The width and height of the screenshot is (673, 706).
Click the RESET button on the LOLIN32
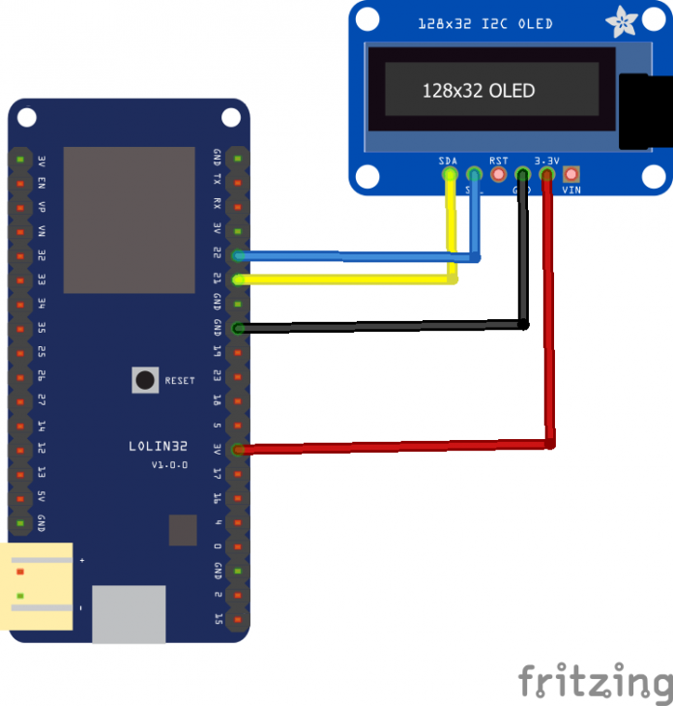145,380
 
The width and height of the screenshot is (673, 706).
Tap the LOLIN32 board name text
159,447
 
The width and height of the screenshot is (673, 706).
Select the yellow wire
348,279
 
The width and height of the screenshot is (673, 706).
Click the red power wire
406,447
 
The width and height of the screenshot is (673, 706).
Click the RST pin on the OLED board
499,175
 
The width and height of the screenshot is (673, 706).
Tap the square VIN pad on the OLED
571,175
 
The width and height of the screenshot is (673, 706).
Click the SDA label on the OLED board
448,161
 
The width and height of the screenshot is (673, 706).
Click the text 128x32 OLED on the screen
479,91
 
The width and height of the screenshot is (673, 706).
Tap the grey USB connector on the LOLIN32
129,613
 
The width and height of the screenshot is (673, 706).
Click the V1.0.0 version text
169,465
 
